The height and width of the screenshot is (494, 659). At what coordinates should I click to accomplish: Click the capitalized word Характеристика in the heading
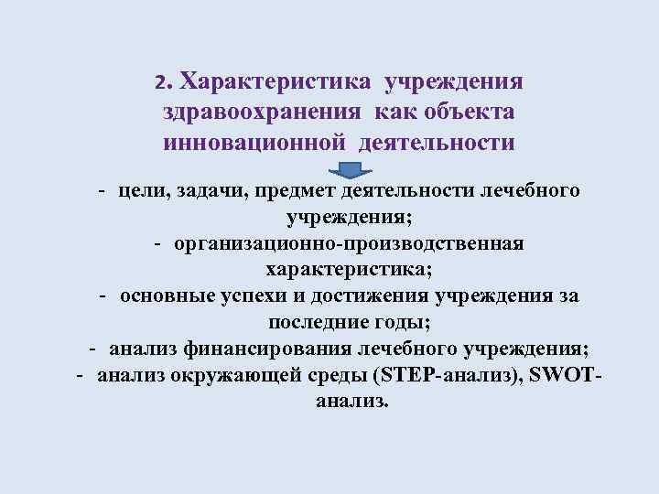tap(275, 82)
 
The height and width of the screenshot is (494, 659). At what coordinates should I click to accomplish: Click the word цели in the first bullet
tap(137, 191)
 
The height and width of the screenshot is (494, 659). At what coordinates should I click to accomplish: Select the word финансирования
tap(255, 349)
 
